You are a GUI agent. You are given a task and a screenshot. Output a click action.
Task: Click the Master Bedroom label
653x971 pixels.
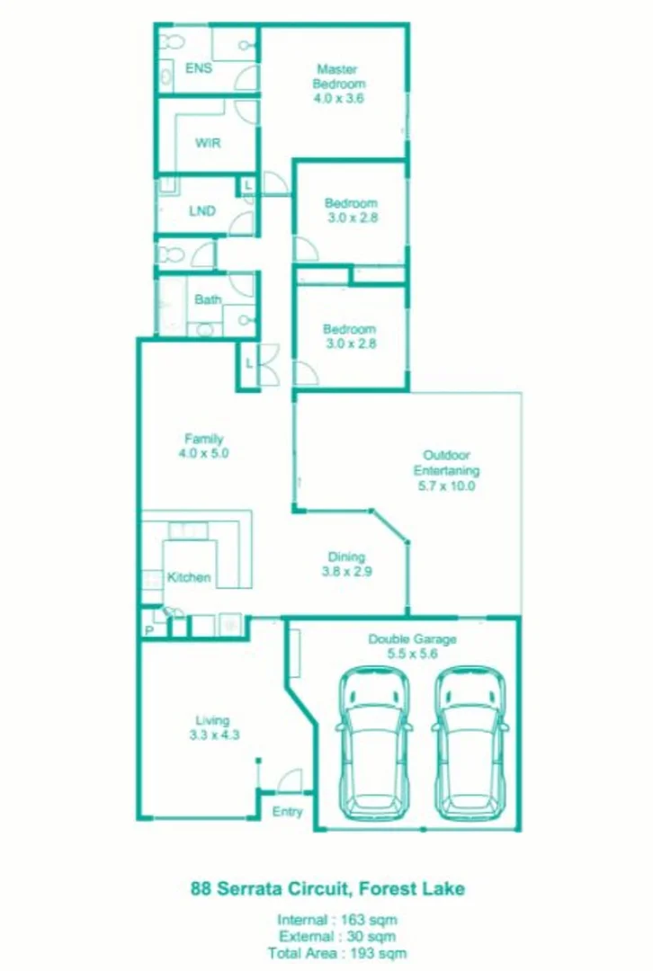pos(337,84)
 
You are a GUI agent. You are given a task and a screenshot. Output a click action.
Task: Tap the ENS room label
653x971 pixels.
pos(198,68)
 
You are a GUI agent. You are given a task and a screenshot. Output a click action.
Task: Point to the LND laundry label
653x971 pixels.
pos(201,211)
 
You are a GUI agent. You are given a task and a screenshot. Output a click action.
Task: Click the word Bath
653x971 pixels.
pos(208,299)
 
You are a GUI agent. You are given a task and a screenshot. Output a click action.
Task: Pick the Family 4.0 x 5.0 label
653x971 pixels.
pos(203,447)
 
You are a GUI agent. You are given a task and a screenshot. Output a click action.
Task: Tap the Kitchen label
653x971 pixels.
pos(189,577)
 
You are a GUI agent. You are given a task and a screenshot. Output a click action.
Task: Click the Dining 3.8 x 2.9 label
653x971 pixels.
pos(345,564)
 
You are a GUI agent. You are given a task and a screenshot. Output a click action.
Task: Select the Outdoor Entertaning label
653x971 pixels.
pos(446,470)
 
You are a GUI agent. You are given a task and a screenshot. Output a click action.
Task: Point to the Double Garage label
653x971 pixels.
pos(412,647)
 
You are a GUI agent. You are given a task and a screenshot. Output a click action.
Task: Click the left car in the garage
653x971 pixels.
pos(374,740)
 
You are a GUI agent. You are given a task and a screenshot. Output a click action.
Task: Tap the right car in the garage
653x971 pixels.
pos(469,740)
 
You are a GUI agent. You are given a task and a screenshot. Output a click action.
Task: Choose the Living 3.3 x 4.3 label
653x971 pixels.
pos(213,726)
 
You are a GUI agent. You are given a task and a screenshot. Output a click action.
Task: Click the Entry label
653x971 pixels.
pos(287,812)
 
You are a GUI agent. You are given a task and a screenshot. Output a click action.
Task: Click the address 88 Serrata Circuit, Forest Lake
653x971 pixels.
pos(327,888)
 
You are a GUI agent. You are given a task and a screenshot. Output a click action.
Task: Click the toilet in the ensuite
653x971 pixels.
pos(171,41)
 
